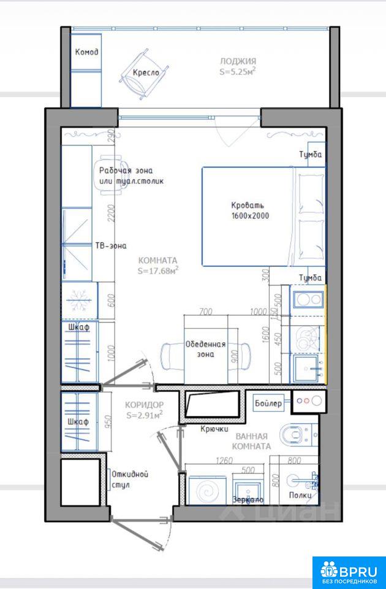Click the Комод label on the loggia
pyautogui.click(x=86, y=52)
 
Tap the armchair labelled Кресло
pyautogui.click(x=144, y=75)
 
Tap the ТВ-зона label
pyautogui.click(x=111, y=245)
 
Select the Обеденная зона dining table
pyautogui.click(x=206, y=349)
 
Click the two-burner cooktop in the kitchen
pyautogui.click(x=308, y=299)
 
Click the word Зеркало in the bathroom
pyautogui.click(x=248, y=500)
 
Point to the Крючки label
pyautogui.click(x=214, y=429)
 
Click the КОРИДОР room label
pyautogui.click(x=145, y=405)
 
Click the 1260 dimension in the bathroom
pyautogui.click(x=224, y=461)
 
